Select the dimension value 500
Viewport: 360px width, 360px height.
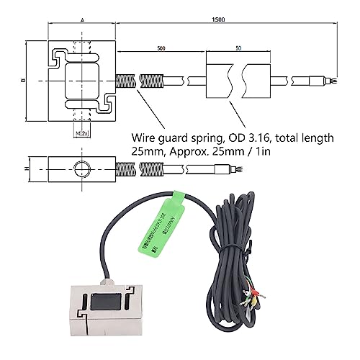160,48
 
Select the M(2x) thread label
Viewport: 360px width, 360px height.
81,133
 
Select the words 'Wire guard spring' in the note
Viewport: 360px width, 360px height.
176,138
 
